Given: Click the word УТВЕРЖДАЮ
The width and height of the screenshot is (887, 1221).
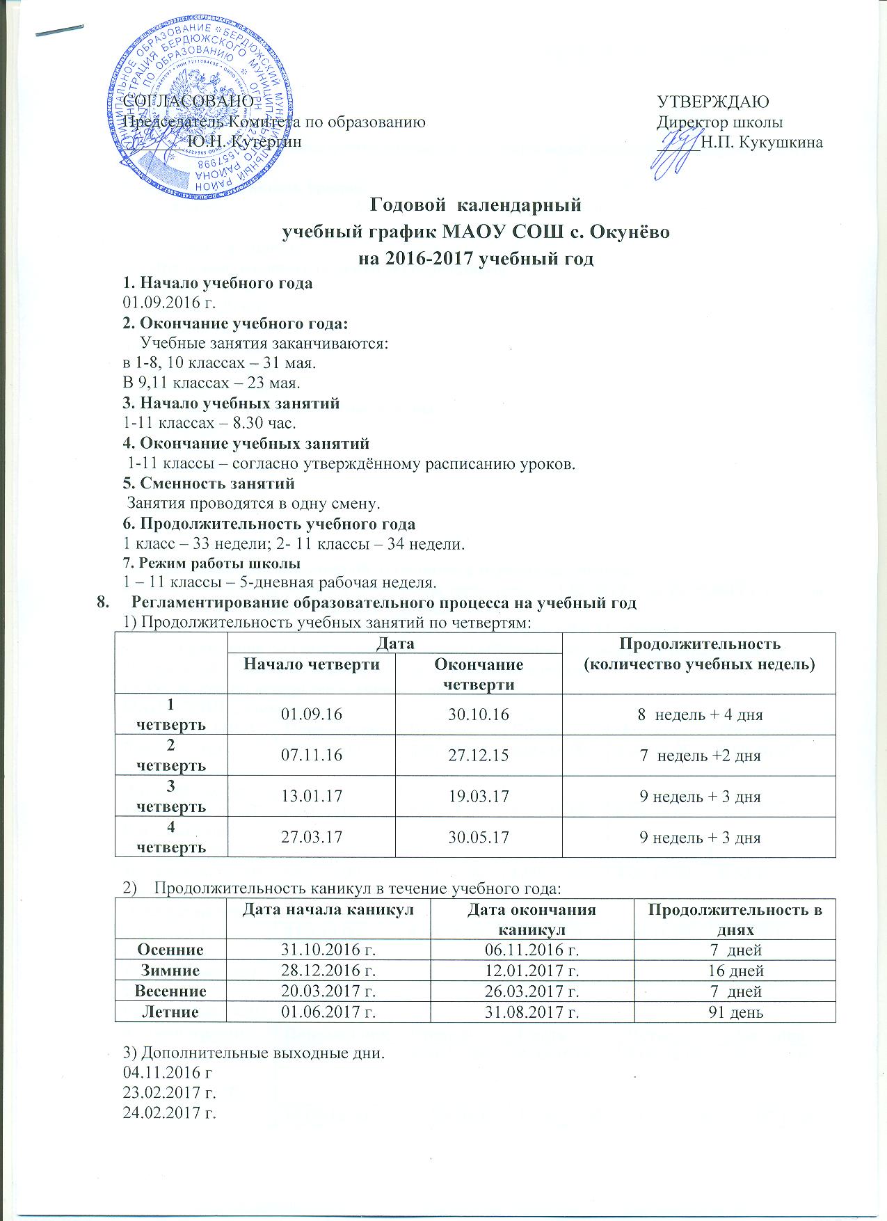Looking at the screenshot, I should click(713, 102).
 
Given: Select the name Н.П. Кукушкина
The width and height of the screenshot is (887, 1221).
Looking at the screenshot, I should click(762, 143).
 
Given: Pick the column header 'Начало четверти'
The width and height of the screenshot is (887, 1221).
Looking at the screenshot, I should click(311, 664).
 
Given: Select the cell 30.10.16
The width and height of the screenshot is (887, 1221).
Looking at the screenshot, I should click(477, 715).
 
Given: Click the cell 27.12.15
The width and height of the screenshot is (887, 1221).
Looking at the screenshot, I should click(477, 755).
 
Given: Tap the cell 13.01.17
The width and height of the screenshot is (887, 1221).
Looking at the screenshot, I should click(311, 796).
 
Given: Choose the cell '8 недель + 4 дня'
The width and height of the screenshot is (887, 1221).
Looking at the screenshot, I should click(700, 715).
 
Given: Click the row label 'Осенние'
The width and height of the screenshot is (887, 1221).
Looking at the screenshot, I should click(170, 950).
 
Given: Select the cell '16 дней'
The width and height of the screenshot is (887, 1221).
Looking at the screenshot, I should click(735, 971).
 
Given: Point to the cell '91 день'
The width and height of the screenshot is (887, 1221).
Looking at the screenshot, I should click(735, 1012).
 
